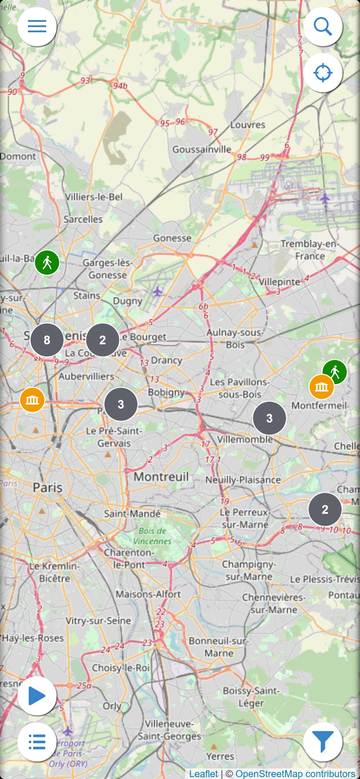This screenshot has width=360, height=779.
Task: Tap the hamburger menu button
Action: (x=37, y=26)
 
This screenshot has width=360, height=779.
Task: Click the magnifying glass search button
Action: (x=323, y=26)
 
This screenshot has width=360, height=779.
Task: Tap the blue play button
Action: (x=37, y=696)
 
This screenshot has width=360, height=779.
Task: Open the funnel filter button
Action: (x=323, y=742)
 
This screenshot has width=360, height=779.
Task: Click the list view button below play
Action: (x=37, y=742)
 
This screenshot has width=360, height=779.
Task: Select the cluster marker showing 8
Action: (x=47, y=340)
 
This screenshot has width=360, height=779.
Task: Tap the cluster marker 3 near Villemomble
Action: (x=269, y=418)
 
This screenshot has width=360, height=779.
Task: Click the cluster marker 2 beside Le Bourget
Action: (x=102, y=340)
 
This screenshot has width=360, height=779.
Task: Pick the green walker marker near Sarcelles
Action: (x=47, y=262)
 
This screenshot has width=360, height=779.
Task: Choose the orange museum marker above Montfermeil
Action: (x=322, y=387)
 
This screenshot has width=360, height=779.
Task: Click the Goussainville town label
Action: (x=202, y=150)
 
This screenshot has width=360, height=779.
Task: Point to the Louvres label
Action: (x=248, y=125)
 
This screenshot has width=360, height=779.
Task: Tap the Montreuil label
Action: (x=161, y=476)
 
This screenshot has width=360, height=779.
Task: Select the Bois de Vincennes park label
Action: (x=152, y=536)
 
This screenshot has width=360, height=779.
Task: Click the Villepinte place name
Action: (x=279, y=281)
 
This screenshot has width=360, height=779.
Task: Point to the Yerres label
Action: (x=220, y=757)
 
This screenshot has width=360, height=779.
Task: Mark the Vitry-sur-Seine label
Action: (x=98, y=621)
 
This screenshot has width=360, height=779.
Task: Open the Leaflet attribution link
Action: (x=204, y=774)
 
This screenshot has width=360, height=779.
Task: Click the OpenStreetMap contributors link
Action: (x=295, y=774)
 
